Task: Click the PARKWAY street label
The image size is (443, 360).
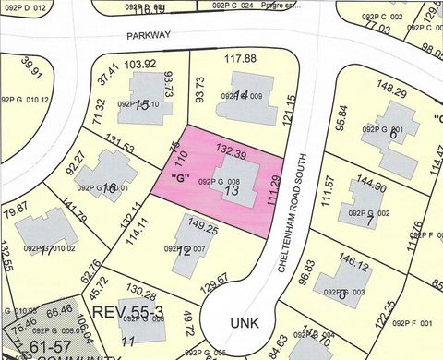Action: coord(150,34)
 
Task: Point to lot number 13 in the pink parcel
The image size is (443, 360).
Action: coord(232,191)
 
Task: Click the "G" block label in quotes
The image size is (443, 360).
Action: coord(173,178)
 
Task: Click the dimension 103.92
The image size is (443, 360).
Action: coord(139,65)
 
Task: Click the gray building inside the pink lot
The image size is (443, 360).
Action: coord(231,175)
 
